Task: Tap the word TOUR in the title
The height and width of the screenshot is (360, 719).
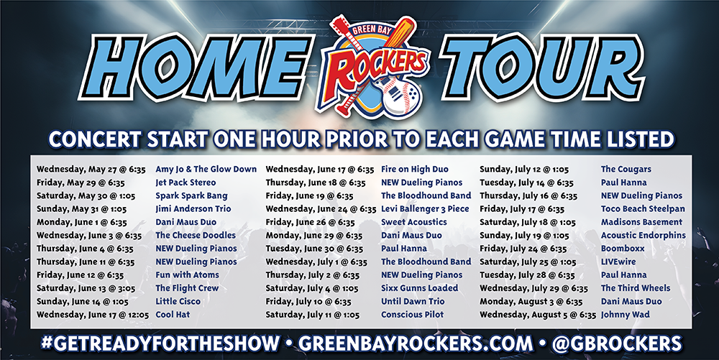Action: click(x=542, y=68)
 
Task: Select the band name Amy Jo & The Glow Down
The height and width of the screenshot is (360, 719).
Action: click(x=206, y=169)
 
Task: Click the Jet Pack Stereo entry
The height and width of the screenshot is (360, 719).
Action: click(x=186, y=183)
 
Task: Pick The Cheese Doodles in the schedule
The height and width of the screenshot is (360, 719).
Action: click(x=196, y=235)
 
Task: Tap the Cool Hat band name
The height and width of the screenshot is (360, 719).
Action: click(x=173, y=314)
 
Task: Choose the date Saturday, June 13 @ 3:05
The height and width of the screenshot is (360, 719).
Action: click(x=86, y=288)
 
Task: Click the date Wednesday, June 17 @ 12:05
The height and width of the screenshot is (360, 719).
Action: click(x=93, y=315)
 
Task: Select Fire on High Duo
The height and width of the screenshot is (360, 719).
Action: click(x=415, y=169)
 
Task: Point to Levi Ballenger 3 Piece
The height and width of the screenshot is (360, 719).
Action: click(x=425, y=209)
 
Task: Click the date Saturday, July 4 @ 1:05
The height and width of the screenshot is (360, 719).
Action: click(x=312, y=288)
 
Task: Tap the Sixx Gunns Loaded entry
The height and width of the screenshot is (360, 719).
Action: click(x=420, y=288)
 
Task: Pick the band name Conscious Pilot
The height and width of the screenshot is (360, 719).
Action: click(x=413, y=314)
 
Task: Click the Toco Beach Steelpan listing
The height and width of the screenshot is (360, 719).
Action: click(x=643, y=209)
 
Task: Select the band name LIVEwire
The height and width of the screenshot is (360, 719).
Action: click(x=618, y=262)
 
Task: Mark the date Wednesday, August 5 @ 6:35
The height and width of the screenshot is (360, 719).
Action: click(x=538, y=315)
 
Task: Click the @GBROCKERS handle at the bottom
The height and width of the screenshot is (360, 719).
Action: click(x=617, y=343)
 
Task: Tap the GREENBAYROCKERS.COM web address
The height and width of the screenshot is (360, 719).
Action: click(x=416, y=343)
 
